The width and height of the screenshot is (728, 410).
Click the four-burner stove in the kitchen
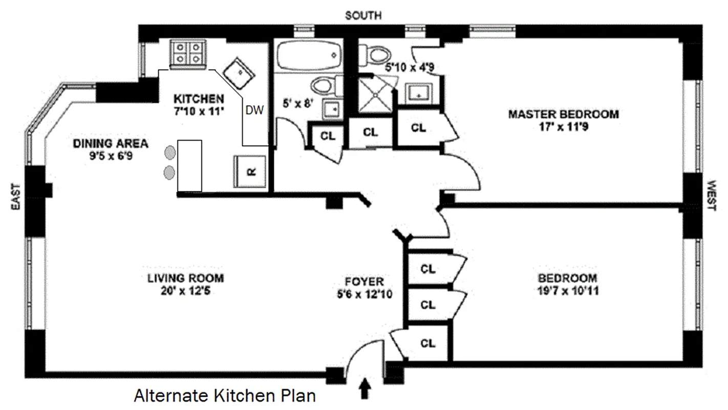point(188,54)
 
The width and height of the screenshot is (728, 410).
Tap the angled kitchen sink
point(239,73)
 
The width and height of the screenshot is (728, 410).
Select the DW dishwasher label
point(254,110)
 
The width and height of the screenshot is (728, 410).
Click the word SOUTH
point(363,16)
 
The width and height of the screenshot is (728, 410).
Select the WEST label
point(712,195)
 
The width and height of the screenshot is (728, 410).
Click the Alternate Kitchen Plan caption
point(225,396)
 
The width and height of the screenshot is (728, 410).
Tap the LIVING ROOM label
point(186,279)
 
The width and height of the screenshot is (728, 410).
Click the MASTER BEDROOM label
point(563,114)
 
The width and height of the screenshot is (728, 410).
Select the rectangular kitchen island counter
point(189,165)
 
